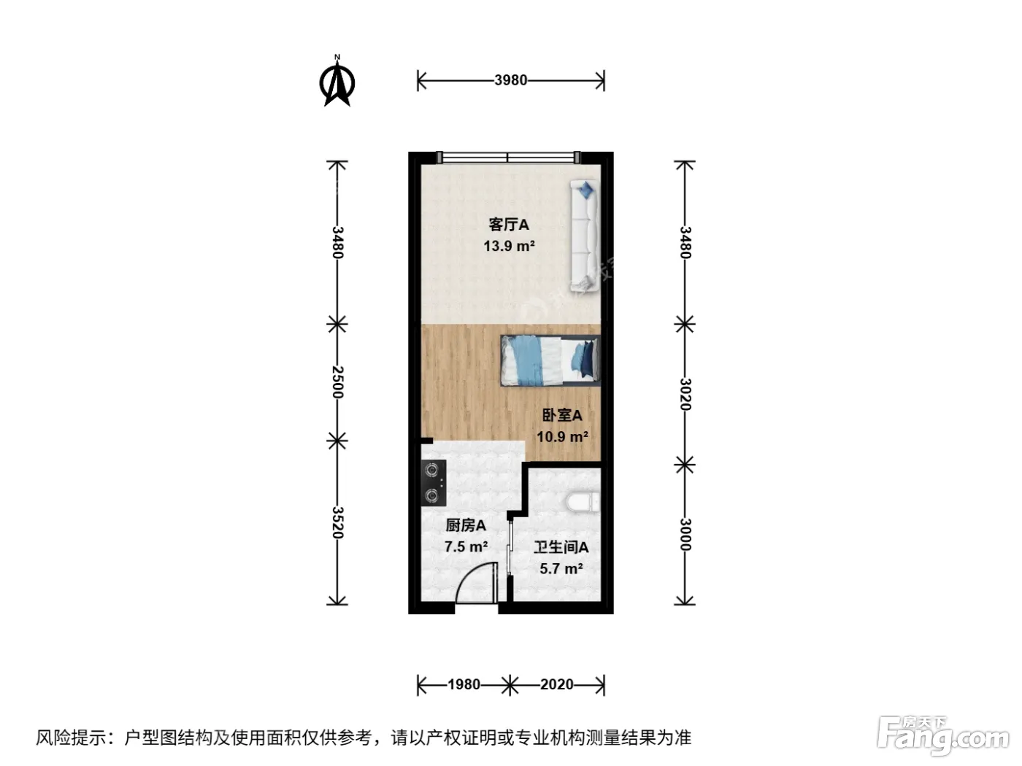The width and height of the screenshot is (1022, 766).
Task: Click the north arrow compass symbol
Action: tap(337, 82)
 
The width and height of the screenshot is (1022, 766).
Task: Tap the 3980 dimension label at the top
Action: tap(511, 80)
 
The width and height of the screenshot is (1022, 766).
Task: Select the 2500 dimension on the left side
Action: tap(337, 382)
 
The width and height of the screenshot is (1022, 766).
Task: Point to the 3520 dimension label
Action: tap(337, 522)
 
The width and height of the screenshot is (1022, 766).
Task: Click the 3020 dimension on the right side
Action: tap(685, 394)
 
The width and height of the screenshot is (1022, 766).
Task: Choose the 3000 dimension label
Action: tap(685, 535)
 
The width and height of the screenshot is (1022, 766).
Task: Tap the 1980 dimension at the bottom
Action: tap(464, 684)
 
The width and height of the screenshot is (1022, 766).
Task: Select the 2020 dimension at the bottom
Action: tap(557, 684)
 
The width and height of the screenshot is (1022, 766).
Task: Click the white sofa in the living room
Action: tap(585, 236)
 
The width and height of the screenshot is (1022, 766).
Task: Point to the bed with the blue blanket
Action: tap(550, 360)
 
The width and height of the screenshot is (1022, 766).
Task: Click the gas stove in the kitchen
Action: tap(434, 483)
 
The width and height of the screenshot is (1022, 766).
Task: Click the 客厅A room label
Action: tap(508, 225)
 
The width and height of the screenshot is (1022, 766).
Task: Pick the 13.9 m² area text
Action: tap(509, 246)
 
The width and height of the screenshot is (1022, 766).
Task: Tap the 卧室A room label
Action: tap(562, 415)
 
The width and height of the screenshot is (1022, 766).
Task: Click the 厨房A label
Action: tap(466, 525)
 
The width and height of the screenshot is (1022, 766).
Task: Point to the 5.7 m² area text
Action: tap(561, 568)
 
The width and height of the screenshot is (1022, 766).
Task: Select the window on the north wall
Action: tap(507, 157)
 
